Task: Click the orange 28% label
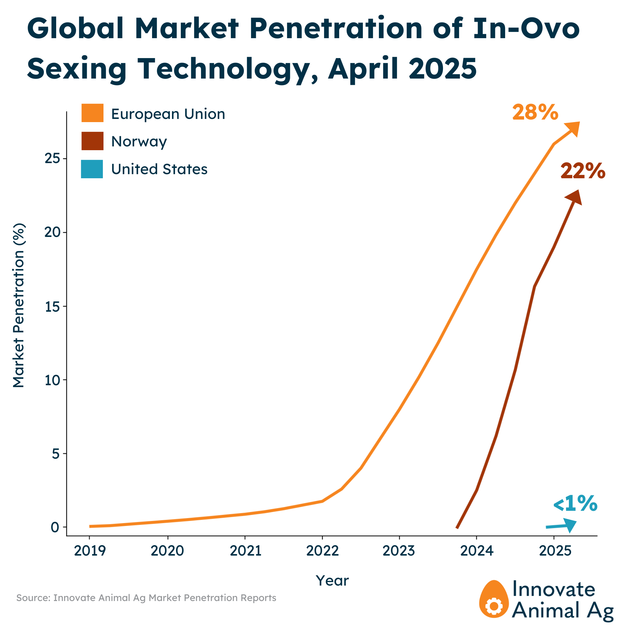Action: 535,112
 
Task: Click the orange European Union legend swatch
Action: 92,113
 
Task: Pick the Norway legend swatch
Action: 92,141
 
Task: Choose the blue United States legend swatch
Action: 92,169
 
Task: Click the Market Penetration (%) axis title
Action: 19,305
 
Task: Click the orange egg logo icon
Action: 494,599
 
